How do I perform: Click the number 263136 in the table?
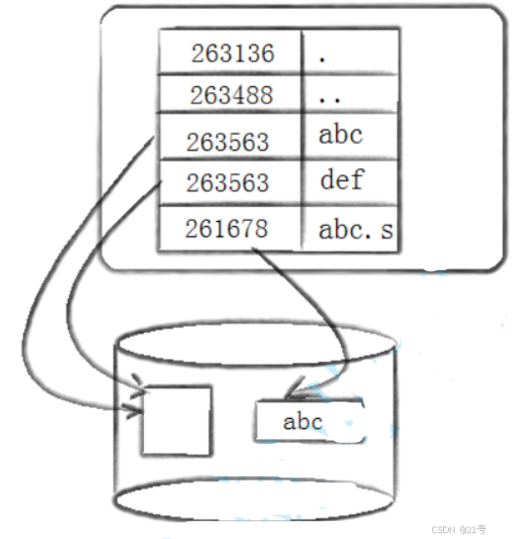coord(232,54)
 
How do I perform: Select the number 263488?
coord(231,95)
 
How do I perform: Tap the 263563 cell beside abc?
coord(227,142)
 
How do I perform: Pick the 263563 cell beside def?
coord(227,182)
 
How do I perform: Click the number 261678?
coord(227,228)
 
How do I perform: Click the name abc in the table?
coord(340,135)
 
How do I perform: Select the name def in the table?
coord(341,178)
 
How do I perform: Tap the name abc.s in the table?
coord(354,230)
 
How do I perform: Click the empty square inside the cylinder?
coord(176,420)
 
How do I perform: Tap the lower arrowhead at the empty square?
coord(132,409)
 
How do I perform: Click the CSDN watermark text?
coord(458,529)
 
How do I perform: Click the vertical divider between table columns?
coord(301,137)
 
